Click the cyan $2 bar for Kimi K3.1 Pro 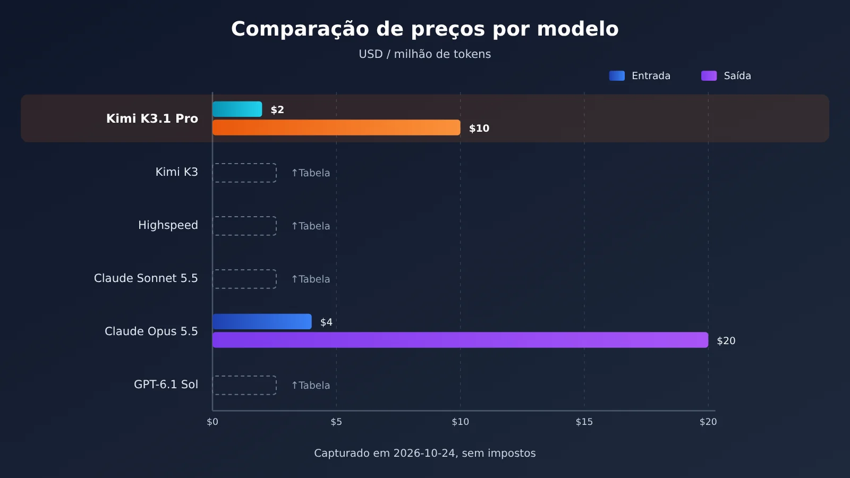tap(237, 109)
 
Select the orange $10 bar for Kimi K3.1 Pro tap(336, 127)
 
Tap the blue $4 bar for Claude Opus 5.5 tap(262, 322)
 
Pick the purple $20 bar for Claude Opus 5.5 tap(460, 340)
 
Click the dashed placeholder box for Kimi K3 tap(244, 164)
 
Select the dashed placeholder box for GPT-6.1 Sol tap(244, 376)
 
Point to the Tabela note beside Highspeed tap(310, 226)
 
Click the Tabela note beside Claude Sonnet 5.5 tap(310, 279)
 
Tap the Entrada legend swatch tap(617, 76)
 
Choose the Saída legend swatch tap(709, 76)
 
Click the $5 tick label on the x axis tap(336, 422)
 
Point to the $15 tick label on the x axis tap(584, 422)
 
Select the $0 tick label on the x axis tap(212, 422)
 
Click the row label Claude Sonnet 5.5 tap(146, 278)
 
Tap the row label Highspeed tap(168, 225)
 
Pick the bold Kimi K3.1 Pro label tap(152, 119)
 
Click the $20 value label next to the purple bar tap(726, 340)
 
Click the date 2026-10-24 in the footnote tap(424, 454)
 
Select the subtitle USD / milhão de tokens tap(424, 54)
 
